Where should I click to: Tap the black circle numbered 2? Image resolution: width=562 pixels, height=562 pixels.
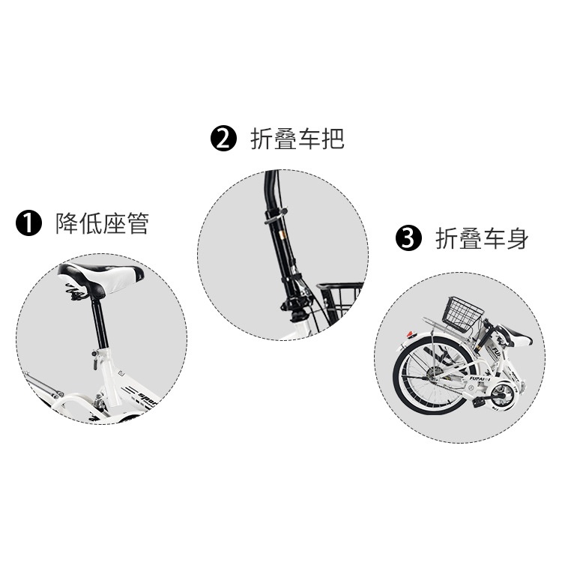click(223, 139)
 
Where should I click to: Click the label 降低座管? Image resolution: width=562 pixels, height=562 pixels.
click(102, 223)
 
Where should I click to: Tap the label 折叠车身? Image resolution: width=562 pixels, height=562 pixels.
click(482, 239)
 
